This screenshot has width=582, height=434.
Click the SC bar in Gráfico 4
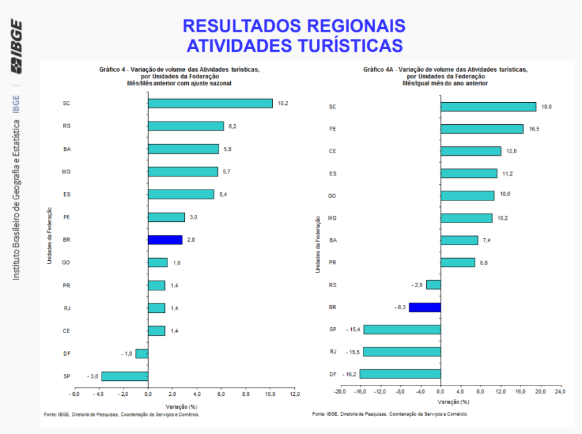coord(210,103)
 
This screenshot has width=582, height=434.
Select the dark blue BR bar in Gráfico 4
coord(165,239)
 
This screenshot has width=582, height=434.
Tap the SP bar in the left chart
coord(125,376)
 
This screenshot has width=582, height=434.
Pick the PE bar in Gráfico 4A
coord(482,129)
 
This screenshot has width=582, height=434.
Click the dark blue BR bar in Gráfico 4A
coord(425,307)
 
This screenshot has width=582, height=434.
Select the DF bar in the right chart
coord(400,374)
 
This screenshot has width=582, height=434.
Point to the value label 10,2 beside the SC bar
coord(283,103)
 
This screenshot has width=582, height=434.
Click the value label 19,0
coord(546,107)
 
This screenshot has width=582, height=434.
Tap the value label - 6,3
coord(400,307)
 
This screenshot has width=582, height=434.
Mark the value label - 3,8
coord(93,376)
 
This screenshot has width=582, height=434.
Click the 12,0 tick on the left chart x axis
coord(294,393)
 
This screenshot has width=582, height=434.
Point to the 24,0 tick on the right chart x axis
coord(559,391)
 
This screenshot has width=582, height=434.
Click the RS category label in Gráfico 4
coord(67,126)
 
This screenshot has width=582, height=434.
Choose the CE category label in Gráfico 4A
coord(332,151)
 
